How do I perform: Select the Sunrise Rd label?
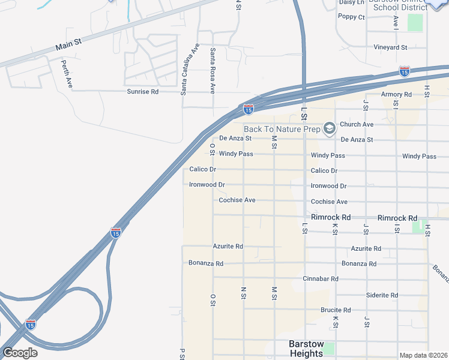142,92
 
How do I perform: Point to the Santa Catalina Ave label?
190,70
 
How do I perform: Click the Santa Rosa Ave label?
212,71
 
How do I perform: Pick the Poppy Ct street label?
352,17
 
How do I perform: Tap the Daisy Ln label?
352,2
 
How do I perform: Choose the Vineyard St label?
391,47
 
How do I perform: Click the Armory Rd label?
396,95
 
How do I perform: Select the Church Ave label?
357,124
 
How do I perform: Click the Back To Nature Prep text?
282,129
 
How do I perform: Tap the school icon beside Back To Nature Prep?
329,128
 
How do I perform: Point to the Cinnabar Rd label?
321,279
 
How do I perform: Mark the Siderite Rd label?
382,295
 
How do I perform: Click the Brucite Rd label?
336,310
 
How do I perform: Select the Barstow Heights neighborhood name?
298,349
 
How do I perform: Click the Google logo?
20,353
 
